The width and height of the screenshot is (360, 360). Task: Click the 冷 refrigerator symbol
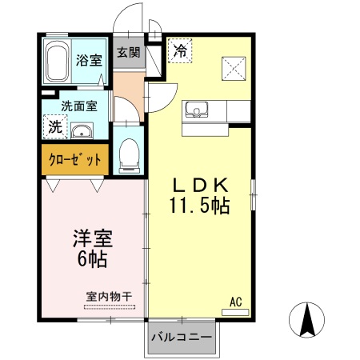click(180, 51)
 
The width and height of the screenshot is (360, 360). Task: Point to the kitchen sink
click(197, 110)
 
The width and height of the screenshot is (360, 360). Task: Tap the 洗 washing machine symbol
click(54, 126)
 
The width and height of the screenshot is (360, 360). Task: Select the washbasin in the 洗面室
click(81, 131)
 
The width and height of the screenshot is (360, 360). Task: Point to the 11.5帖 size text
click(199, 206)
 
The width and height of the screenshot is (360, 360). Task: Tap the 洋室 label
click(94, 239)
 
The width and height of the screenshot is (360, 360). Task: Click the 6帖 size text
click(94, 259)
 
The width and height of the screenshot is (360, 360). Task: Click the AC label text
click(236, 302)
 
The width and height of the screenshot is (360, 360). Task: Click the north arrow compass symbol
click(307, 321)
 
